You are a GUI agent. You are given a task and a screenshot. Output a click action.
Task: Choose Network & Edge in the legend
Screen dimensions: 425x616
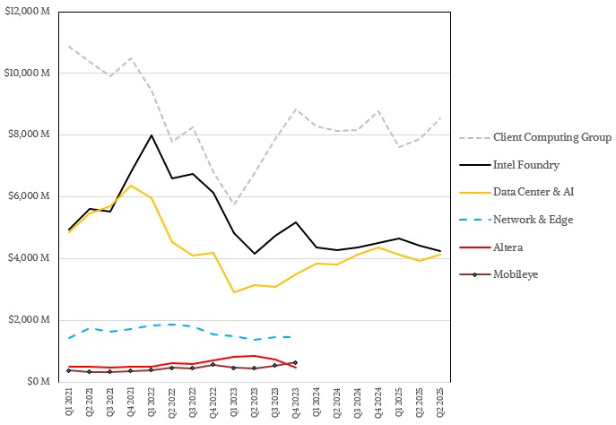pos(533,220)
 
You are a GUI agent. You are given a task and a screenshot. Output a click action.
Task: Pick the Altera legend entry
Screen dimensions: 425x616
pos(507,247)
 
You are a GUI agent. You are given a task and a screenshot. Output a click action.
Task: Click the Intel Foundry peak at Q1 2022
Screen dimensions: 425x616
pos(151,135)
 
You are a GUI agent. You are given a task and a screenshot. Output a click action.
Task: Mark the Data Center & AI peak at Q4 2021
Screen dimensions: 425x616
pos(131,186)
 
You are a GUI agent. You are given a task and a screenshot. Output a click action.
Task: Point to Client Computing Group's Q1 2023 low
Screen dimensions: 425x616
pos(233,204)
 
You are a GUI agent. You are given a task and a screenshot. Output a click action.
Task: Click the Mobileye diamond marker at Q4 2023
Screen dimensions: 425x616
pos(295,362)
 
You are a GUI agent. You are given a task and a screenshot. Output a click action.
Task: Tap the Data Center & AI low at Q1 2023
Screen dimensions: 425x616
pos(233,292)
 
